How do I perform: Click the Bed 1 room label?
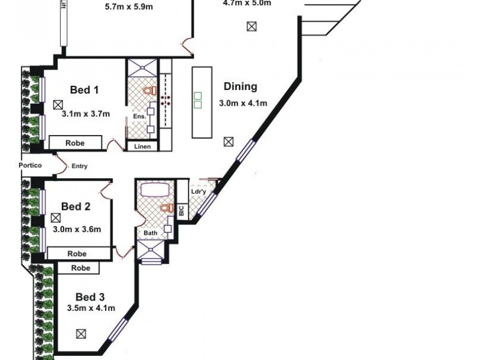(x=84, y=90)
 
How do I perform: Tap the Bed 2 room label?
(x=76, y=206)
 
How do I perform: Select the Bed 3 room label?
(x=90, y=296)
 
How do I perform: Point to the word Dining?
(x=240, y=86)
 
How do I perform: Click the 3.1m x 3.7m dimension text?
(x=86, y=113)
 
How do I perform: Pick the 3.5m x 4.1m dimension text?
(x=91, y=308)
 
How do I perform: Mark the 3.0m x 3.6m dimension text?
(x=77, y=229)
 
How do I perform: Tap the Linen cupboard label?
(x=143, y=146)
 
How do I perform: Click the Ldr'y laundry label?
(x=199, y=192)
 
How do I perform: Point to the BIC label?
(x=182, y=211)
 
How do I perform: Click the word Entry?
(x=80, y=166)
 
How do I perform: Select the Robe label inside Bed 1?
(x=76, y=143)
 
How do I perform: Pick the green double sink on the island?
(x=198, y=99)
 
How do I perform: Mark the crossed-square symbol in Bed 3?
(x=81, y=334)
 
